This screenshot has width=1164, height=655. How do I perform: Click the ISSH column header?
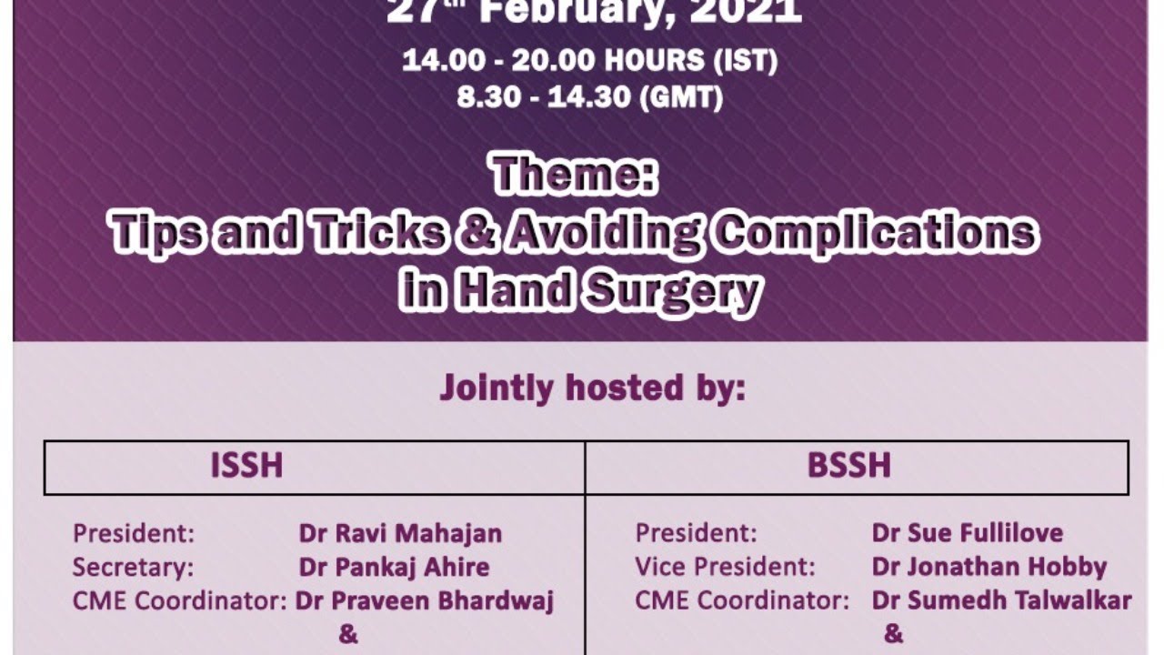point(246,466)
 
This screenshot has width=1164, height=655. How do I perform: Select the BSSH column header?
point(848,466)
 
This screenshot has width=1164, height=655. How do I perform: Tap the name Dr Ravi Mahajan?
point(400,532)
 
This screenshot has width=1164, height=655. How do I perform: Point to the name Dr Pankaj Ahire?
point(394,567)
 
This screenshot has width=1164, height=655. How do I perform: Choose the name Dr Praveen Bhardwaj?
point(425,601)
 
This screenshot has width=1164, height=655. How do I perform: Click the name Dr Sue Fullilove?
point(967,532)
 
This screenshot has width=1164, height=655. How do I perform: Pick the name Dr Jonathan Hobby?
point(988,567)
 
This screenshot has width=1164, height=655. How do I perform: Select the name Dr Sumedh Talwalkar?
point(1001,601)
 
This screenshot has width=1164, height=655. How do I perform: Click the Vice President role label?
point(725,567)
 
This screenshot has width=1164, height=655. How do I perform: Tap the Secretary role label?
point(133,567)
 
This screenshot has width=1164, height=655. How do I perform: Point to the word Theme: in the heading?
point(574,175)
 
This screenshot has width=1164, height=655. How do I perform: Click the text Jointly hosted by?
point(592,388)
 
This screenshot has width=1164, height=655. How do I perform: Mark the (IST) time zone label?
point(746,62)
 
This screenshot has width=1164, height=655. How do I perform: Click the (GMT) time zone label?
point(682,97)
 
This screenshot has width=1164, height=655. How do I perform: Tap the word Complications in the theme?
point(874,234)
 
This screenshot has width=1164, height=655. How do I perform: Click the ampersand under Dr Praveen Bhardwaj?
point(348,634)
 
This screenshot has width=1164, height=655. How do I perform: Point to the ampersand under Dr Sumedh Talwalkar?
point(893,634)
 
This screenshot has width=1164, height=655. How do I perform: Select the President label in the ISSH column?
point(133,532)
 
